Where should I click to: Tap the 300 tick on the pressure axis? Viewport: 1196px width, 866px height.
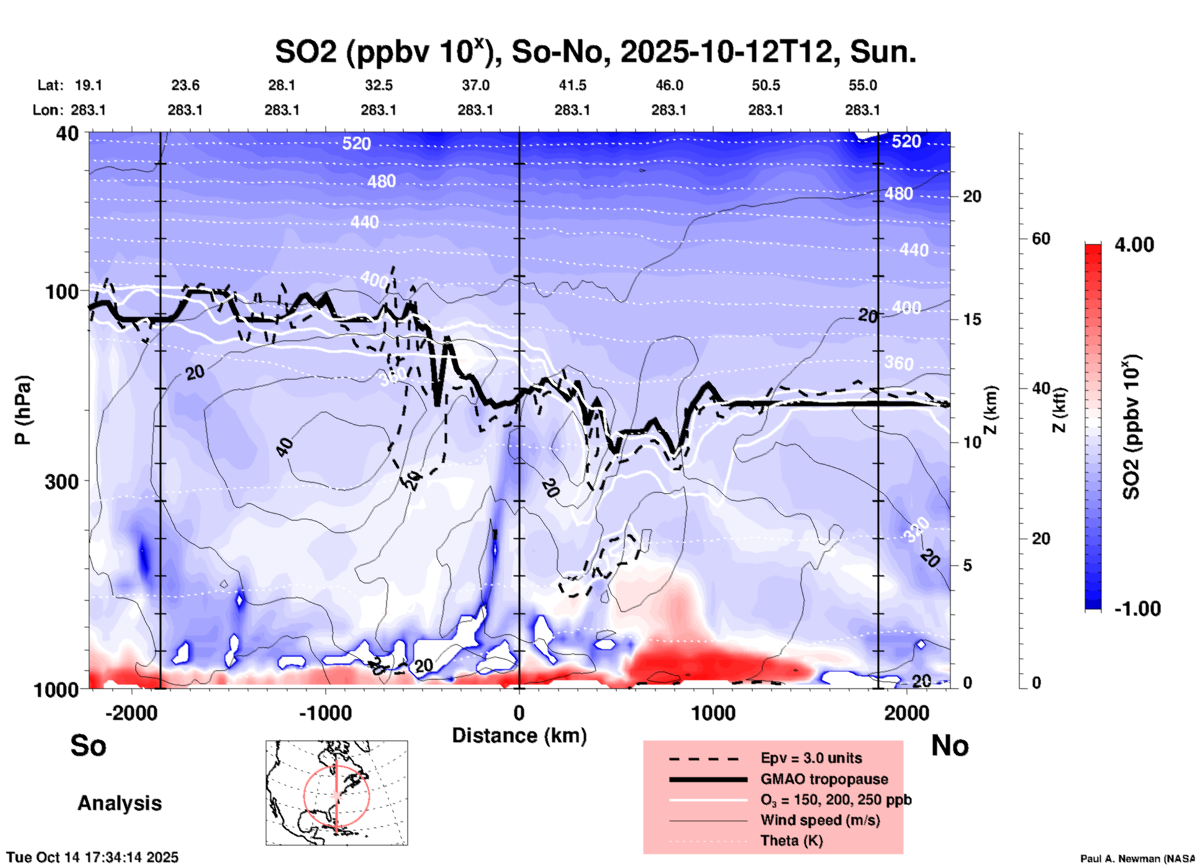[x=61, y=481]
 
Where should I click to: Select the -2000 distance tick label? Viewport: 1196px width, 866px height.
[x=131, y=713]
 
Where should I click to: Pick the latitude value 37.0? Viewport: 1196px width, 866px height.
[x=475, y=85]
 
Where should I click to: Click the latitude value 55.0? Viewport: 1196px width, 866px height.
[x=863, y=85]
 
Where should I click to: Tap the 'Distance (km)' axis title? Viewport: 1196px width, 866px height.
[x=519, y=736]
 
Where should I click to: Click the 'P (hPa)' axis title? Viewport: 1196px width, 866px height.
[x=23, y=410]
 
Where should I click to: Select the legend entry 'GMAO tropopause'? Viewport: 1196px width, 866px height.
[x=824, y=779]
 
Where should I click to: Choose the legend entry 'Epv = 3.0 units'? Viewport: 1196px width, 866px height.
[x=811, y=758]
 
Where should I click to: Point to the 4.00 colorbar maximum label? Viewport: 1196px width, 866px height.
[x=1134, y=245]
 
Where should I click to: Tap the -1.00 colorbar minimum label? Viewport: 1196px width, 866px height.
[x=1137, y=609]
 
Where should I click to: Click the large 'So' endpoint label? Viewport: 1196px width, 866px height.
[x=88, y=745]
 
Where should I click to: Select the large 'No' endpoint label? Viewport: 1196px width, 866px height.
[x=949, y=745]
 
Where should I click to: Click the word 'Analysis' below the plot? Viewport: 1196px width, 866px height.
[x=119, y=803]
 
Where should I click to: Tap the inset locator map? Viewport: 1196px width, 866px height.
[x=337, y=793]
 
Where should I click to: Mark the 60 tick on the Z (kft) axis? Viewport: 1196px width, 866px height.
[x=1041, y=239]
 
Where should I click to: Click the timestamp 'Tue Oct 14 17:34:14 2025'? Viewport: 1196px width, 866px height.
[x=93, y=857]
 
